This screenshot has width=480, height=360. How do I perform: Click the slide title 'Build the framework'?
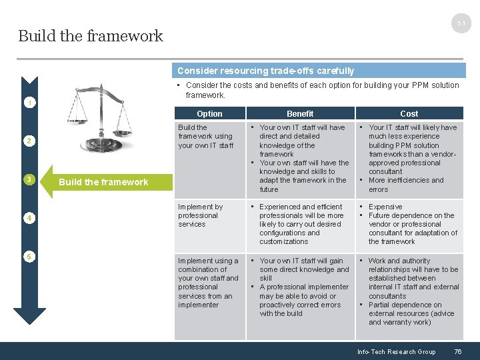pos(91,36)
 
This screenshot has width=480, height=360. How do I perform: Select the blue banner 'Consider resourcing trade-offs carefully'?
pos(265,71)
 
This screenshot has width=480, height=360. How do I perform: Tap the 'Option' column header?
pos(209,114)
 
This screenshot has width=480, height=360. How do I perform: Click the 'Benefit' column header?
pos(300,114)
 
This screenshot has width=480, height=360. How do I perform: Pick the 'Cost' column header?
pos(409,114)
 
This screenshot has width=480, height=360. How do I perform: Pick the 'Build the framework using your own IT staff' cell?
pos(205,136)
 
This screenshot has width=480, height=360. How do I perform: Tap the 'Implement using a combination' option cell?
pos(208,283)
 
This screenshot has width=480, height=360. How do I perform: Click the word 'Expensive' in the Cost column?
pos(385,207)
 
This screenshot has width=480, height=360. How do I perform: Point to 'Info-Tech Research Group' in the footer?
pos(396,352)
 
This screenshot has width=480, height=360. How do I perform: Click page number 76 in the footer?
pos(457,352)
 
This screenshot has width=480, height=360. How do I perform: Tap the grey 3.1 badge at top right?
pos(461,24)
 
